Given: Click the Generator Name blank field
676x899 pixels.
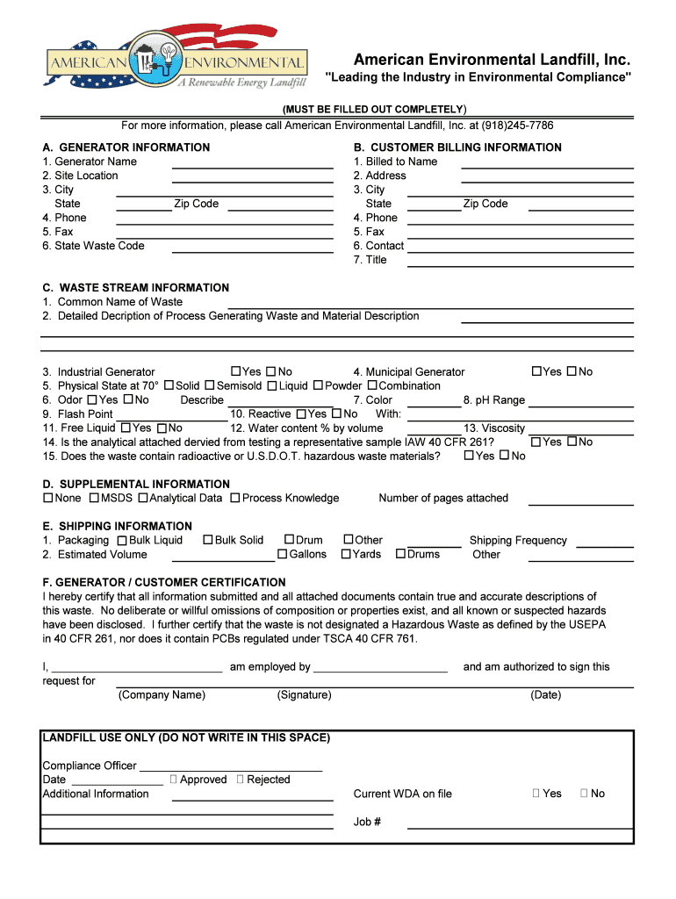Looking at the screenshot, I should [x=252, y=162].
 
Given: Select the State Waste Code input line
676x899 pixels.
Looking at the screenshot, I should [x=252, y=247].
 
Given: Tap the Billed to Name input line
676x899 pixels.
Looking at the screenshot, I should [x=547, y=162].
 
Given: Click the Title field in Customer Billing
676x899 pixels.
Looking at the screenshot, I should [x=521, y=261].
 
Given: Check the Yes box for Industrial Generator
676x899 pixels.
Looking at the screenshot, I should [x=235, y=372].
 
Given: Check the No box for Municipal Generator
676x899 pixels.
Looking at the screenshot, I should [x=572, y=372].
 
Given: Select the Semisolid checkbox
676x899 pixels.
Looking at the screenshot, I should [x=210, y=386].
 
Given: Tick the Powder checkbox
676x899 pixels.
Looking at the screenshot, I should [x=318, y=386].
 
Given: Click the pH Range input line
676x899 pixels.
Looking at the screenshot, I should [x=580, y=401].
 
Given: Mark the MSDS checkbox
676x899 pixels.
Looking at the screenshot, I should [x=94, y=499].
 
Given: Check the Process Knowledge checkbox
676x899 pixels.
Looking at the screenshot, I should [x=235, y=499].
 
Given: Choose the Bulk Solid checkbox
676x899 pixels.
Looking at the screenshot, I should [x=208, y=541].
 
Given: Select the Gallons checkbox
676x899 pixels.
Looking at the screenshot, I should [x=283, y=555].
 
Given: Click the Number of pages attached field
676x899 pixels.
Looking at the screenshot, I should [x=580, y=500].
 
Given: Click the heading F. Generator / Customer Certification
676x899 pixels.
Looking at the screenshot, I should [x=164, y=582].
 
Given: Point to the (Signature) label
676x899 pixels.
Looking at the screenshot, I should [x=304, y=695].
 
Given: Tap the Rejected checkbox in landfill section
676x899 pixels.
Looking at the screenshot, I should [x=241, y=780].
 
